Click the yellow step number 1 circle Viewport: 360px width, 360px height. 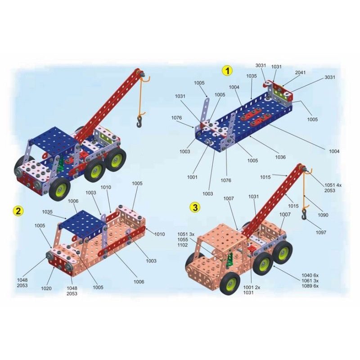pos(227,71)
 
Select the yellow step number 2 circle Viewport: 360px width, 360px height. pos(18,211)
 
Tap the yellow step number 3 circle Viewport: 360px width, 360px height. pos(195,207)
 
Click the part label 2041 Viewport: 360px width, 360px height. pos(300,72)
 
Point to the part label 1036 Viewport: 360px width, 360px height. pos(280,157)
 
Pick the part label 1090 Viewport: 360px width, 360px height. pos(323,215)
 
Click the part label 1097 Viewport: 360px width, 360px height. pos(321,232)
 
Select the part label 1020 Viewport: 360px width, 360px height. pos(46,288)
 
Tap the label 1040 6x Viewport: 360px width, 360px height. pos(310,275)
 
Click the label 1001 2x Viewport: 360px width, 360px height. pos(252,287)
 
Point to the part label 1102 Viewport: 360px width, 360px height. pos(183,245)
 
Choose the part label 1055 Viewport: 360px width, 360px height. pos(183,239)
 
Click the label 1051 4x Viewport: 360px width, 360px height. pos(333,185)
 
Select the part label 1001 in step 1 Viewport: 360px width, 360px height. pos(192,177)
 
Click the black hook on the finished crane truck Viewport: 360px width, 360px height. pos(139,122)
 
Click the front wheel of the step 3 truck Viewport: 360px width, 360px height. pos(230,283)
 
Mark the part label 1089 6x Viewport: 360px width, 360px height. pos(310,286)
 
